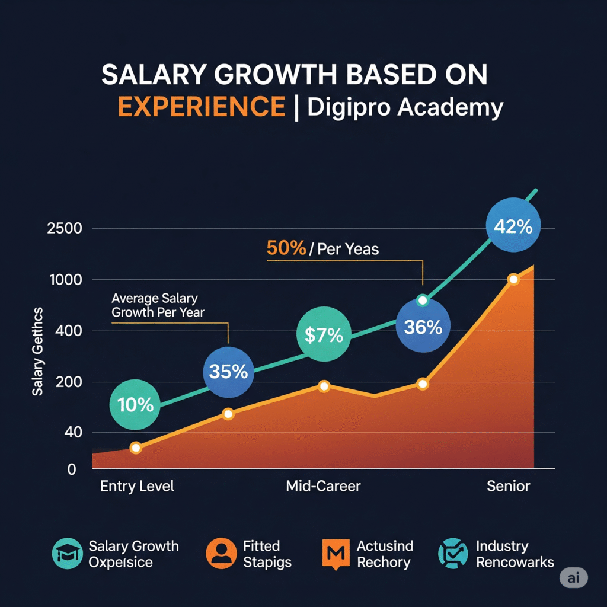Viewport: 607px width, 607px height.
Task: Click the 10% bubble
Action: click(x=135, y=405)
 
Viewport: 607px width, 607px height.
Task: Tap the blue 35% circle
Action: click(x=228, y=372)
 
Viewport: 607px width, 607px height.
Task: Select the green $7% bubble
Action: click(x=323, y=335)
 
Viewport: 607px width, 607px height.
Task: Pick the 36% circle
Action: click(x=423, y=326)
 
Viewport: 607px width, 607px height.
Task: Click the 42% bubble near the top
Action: click(x=513, y=226)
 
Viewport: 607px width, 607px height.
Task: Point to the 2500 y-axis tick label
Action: click(x=65, y=229)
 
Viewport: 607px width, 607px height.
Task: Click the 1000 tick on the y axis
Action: click(x=65, y=280)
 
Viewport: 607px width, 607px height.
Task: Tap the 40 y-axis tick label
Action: click(x=70, y=433)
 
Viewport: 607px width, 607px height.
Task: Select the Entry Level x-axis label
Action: click(x=138, y=487)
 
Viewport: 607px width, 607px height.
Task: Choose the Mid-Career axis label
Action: click(x=323, y=487)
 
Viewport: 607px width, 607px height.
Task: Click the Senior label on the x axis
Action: click(x=509, y=487)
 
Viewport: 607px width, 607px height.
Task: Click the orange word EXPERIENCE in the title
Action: click(x=202, y=107)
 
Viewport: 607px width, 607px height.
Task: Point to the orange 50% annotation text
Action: click(x=286, y=248)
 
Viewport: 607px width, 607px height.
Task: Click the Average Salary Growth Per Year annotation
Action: click(x=155, y=305)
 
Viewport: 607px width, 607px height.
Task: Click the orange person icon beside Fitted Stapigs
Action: click(x=221, y=553)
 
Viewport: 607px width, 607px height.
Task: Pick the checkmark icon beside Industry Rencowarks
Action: click(x=452, y=553)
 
